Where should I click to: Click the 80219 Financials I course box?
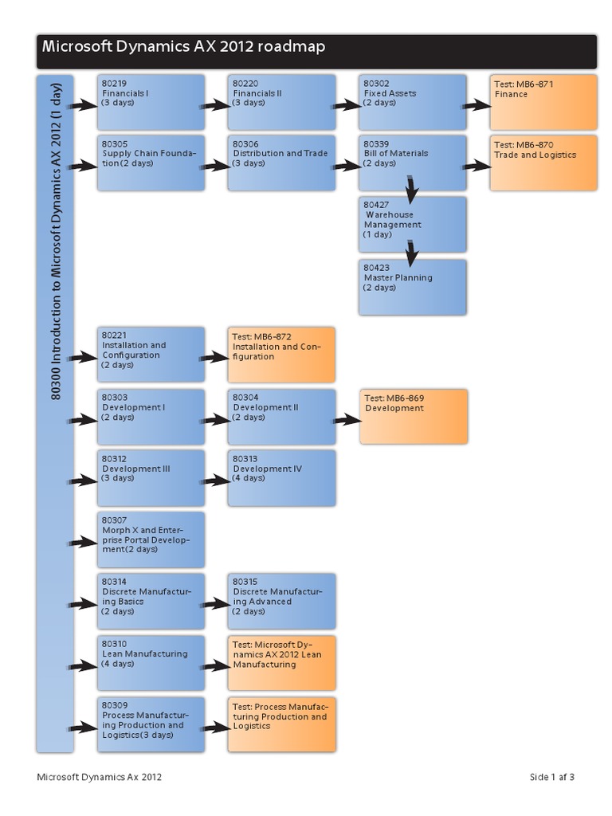coord(151,102)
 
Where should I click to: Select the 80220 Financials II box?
coord(281,102)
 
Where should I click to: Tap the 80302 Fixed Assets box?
coord(412,102)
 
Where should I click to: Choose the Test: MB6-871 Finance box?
coord(543,102)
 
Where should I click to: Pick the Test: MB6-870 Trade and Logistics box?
coord(543,163)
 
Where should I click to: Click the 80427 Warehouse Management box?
coord(412,224)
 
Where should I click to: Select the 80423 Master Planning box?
coord(412,287)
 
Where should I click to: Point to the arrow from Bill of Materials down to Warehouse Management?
coord(410,190)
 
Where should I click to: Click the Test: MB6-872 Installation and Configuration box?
coord(281,355)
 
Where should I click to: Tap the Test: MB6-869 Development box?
coord(413,416)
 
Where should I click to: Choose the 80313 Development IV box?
coord(281,478)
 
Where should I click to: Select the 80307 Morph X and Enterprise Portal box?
coord(151,539)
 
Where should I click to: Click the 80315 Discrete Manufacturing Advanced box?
coord(281,601)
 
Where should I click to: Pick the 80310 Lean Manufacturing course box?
coord(151,662)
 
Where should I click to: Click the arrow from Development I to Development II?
coord(214,419)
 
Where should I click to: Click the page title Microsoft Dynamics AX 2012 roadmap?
coord(183,48)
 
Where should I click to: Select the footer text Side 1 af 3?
coord(551,778)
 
